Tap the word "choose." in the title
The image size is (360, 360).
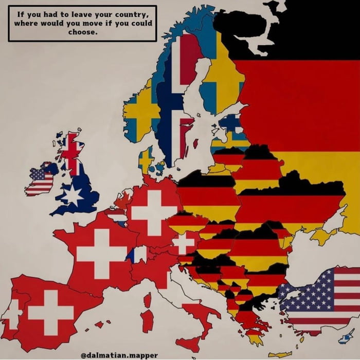(82, 32)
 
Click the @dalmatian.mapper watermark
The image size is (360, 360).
(119, 355)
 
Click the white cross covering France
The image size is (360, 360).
(101, 253)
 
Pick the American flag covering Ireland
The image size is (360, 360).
(40, 181)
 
